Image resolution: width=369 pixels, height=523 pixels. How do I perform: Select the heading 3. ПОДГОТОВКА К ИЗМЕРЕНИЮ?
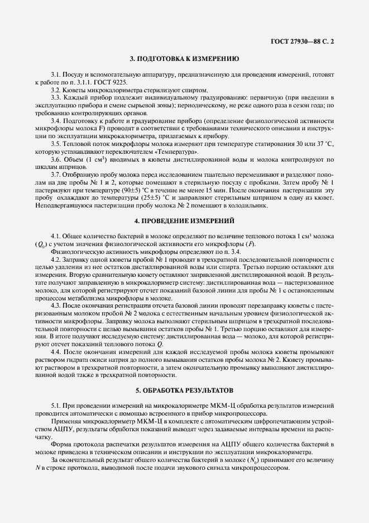point(184,58)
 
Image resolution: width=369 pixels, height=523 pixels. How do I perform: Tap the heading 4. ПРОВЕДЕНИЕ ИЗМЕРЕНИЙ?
point(184,221)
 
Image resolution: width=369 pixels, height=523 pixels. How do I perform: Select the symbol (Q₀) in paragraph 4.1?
point(41,244)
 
